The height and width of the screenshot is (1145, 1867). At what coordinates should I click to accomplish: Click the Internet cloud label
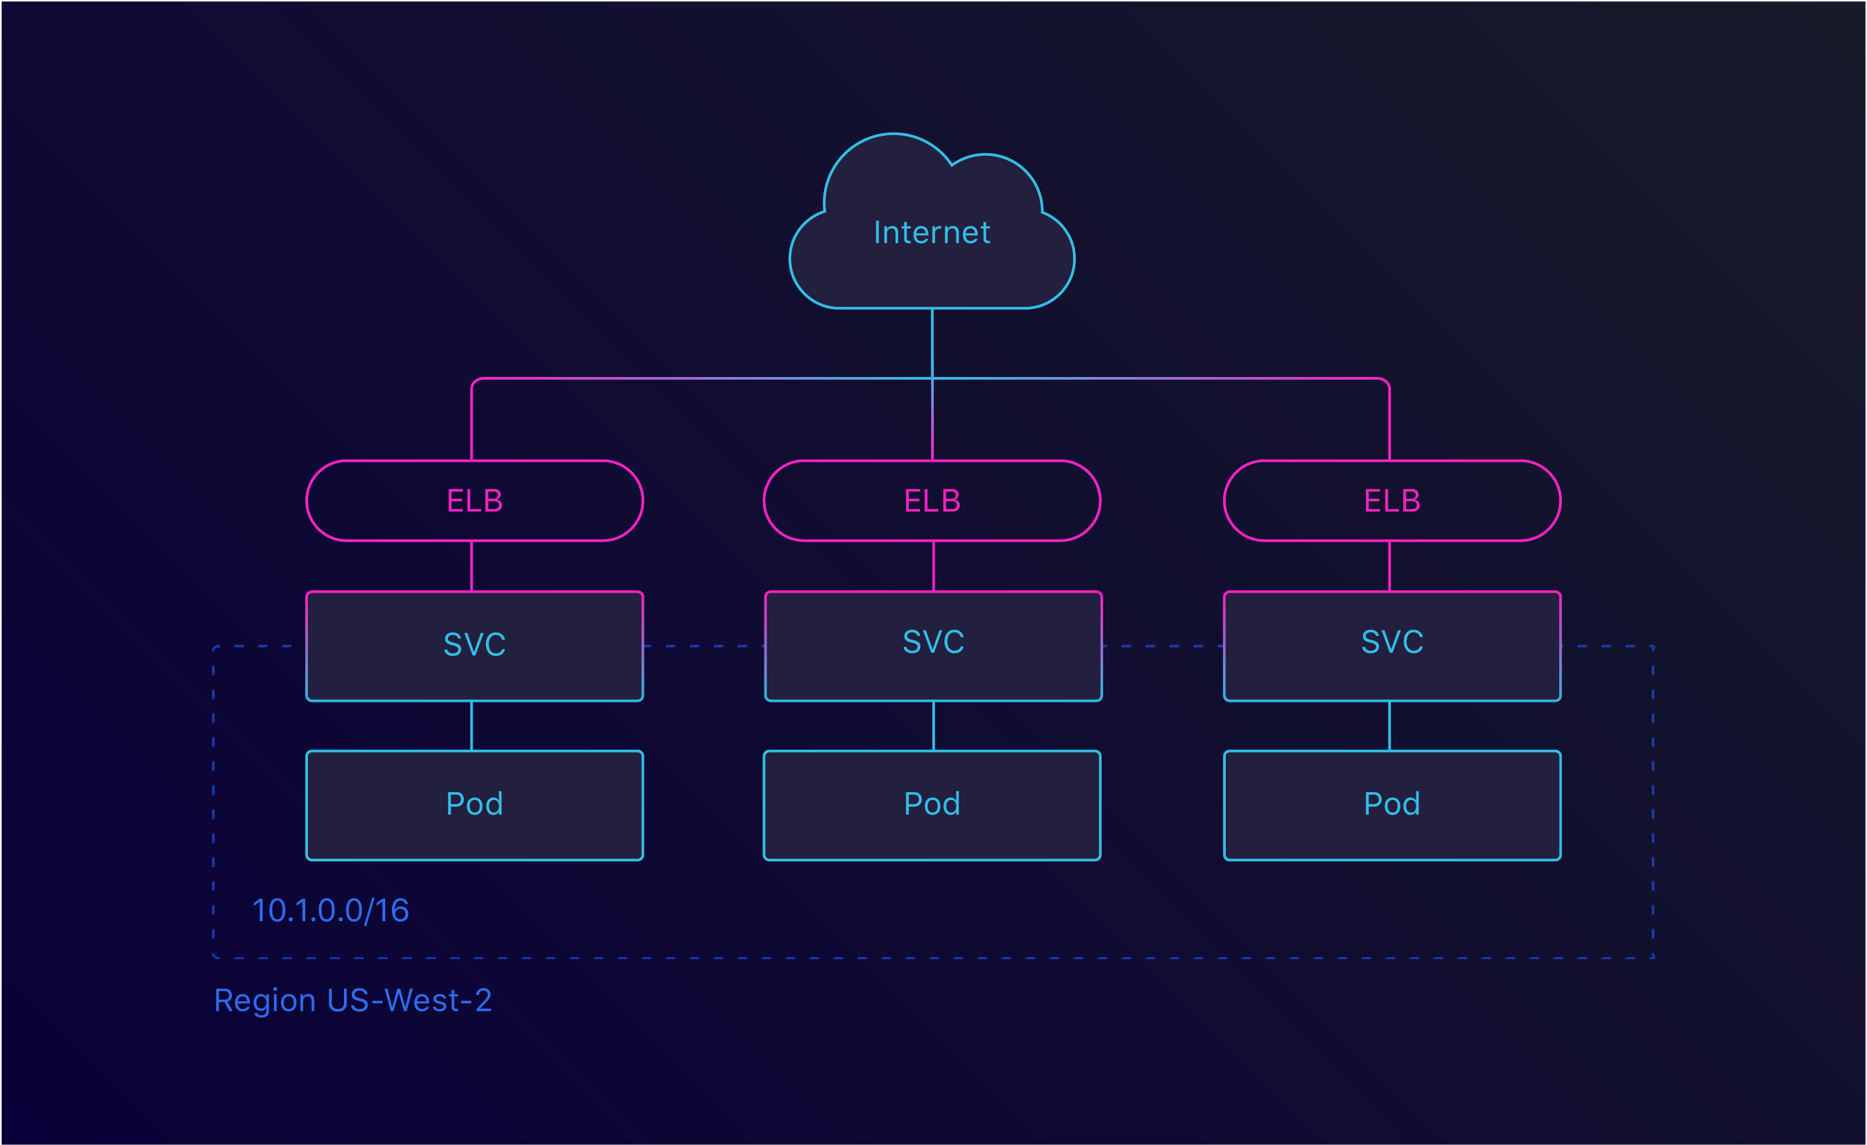tap(931, 232)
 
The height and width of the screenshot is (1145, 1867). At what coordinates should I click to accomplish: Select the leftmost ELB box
tap(475, 500)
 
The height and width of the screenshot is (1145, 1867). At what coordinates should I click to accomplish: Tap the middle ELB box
tap(932, 500)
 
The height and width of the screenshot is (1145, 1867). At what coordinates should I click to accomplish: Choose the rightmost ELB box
tap(1392, 500)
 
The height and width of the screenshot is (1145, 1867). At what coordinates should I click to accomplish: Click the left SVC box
tap(475, 646)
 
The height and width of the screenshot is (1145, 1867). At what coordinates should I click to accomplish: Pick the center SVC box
tap(933, 646)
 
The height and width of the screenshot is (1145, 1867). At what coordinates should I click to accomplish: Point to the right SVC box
tap(1392, 646)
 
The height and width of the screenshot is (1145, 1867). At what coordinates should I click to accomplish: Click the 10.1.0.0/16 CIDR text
tap(331, 911)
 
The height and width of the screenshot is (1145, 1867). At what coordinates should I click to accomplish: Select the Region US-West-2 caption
tap(353, 1000)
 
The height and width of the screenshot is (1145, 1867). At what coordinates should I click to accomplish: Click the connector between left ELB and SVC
tap(471, 566)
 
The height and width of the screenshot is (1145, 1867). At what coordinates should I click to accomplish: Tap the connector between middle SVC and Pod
tap(933, 725)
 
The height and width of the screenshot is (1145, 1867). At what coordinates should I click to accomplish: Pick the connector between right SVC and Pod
tap(1389, 725)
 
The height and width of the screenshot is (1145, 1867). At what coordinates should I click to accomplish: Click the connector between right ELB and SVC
tap(1389, 566)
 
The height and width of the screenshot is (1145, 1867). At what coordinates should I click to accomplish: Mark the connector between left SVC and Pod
tap(471, 725)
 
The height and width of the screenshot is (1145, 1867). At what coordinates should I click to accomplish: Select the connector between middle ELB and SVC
tap(933, 566)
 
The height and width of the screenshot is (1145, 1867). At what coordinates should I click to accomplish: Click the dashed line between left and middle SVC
tap(703, 646)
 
